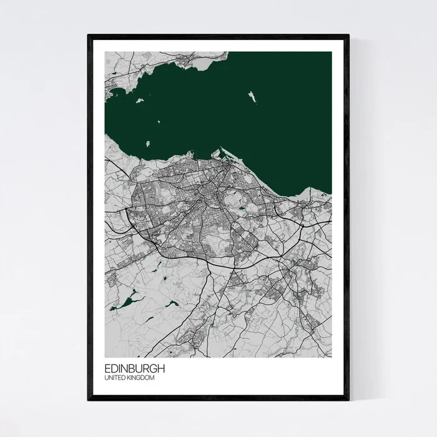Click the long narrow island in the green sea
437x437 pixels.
(253, 97)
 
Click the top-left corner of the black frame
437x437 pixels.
(89, 36)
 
